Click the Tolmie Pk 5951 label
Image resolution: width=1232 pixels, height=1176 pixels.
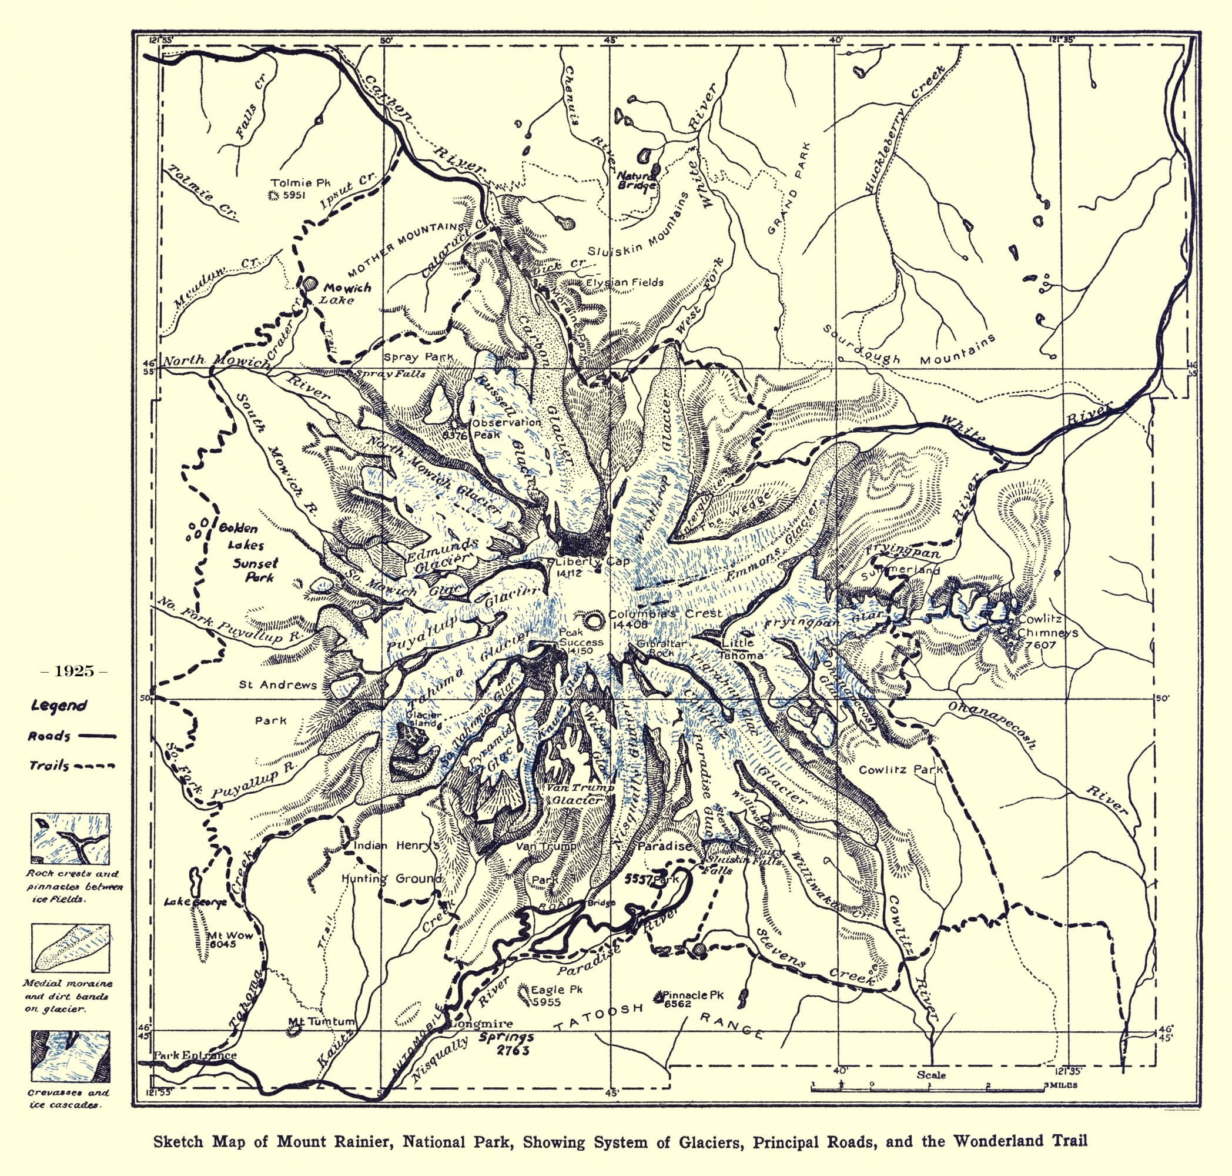[x=291, y=189]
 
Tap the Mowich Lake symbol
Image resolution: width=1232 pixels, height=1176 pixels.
[x=309, y=284]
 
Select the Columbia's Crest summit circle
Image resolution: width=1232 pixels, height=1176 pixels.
[x=593, y=622]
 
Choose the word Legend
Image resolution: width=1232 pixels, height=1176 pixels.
[x=59, y=706]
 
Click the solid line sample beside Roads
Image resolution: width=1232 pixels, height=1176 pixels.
[x=97, y=737]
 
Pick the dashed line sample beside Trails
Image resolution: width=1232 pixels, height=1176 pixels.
[x=97, y=766]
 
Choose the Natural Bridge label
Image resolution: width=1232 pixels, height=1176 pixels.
[x=637, y=181]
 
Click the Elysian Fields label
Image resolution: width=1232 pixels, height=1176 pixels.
[x=624, y=282]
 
